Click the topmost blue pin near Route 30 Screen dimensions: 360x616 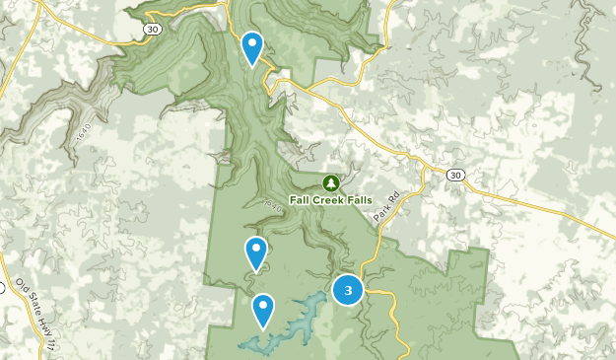tap(252, 45)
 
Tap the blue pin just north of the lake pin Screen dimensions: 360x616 tap(256, 252)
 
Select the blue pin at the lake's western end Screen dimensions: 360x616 tap(263, 309)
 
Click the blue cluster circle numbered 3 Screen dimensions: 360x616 tap(347, 290)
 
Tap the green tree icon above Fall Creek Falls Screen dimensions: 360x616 tap(331, 182)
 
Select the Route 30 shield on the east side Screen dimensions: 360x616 tap(454, 175)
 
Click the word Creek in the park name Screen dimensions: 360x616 tap(330, 198)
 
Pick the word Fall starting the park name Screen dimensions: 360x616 tap(301, 198)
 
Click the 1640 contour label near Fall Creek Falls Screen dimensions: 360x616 tap(272, 207)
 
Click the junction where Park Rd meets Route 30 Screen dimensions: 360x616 tap(425, 171)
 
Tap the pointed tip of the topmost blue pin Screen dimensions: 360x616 tap(252, 65)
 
